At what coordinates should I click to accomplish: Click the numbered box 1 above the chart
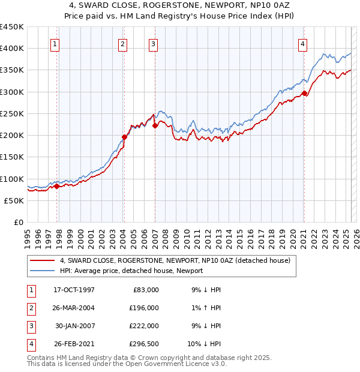(x=55, y=43)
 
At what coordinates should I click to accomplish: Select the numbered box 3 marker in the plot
(x=153, y=43)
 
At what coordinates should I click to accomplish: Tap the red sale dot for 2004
(x=124, y=137)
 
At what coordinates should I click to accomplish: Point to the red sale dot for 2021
(x=304, y=93)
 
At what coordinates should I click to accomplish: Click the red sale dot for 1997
(x=57, y=186)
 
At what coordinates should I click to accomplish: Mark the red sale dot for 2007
(x=155, y=125)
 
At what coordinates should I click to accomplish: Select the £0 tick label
(x=17, y=223)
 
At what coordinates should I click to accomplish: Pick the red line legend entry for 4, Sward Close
(x=175, y=260)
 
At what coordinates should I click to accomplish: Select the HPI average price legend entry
(x=131, y=271)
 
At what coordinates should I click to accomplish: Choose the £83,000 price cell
(x=145, y=290)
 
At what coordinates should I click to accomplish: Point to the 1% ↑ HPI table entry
(x=206, y=308)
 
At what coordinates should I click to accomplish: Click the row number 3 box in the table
(x=30, y=326)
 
